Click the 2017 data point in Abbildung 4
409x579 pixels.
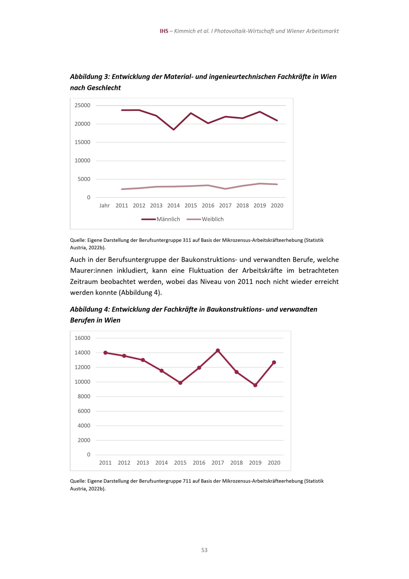coord(218,350)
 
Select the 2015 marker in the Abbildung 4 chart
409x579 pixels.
coord(180,383)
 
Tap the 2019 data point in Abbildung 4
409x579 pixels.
coord(255,385)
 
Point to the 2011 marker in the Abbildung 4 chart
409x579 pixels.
coord(105,353)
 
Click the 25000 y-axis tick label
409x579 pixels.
coord(82,105)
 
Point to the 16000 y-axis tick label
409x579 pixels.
coord(82,338)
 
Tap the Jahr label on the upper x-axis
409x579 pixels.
coord(104,206)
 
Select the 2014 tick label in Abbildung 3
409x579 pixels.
coord(173,206)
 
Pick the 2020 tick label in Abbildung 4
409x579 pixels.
coord(274,463)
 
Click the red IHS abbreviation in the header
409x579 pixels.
coord(164,31)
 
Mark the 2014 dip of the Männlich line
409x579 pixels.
coord(173,129)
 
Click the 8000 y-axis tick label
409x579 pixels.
coord(84,397)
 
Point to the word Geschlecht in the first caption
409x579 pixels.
coord(104,88)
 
